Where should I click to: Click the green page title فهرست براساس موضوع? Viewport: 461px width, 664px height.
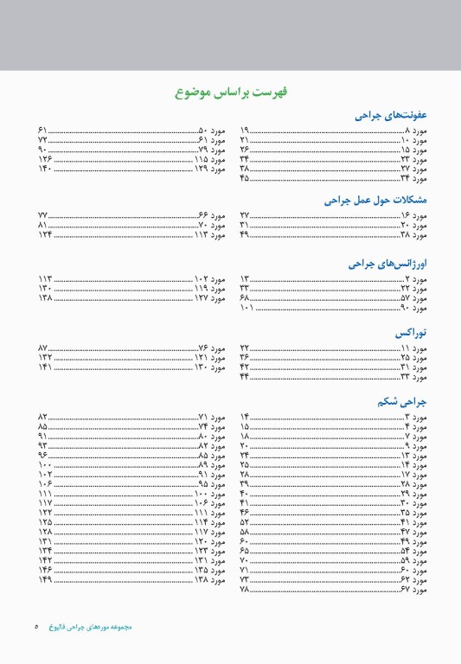click(x=230, y=91)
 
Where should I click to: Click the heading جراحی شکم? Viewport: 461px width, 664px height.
click(x=402, y=401)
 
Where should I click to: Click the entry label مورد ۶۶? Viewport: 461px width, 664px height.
click(x=212, y=214)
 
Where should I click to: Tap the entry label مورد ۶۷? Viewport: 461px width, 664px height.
click(x=413, y=590)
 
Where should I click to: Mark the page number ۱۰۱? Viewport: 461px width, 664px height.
click(x=247, y=308)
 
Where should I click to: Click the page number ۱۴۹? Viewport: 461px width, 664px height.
click(x=44, y=579)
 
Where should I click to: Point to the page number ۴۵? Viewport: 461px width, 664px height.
click(x=244, y=179)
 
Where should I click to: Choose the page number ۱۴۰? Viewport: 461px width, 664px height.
click(x=44, y=169)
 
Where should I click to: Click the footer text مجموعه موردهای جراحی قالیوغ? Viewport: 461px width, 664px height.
click(x=91, y=627)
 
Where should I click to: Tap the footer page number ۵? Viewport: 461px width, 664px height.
click(x=37, y=627)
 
